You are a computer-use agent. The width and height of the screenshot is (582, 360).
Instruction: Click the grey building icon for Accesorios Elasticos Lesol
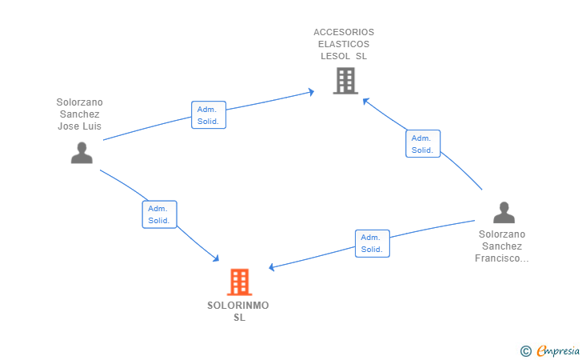coord(345,81)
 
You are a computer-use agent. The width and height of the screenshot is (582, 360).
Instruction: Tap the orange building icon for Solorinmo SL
coord(239,282)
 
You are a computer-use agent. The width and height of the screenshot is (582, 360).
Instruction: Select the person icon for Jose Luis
coord(82,152)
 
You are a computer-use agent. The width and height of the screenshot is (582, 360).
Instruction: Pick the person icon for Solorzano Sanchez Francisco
coord(504,212)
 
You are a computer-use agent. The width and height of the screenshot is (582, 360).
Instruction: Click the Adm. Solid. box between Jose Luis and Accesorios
coord(209,115)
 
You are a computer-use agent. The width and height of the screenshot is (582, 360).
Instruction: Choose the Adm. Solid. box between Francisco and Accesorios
coord(422,143)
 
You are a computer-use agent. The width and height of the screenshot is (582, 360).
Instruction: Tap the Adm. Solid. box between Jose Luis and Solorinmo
coord(159,214)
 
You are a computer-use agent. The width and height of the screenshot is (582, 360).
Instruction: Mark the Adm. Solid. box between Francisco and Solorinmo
coord(372,243)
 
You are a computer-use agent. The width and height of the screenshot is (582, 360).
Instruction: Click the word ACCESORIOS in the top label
coord(344,32)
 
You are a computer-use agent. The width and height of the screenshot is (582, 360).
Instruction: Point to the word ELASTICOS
coord(344,44)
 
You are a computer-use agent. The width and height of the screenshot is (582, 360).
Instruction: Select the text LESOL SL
coord(344,56)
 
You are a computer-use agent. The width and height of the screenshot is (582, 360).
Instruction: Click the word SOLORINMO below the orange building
coord(238,306)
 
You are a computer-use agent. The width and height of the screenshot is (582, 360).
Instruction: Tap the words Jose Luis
coord(80,126)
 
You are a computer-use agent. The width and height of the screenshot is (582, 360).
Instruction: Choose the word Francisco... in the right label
coord(501,258)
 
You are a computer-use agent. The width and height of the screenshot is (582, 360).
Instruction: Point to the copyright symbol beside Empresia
coord(525,350)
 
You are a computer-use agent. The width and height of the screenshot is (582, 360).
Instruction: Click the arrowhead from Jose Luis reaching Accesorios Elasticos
coord(311,93)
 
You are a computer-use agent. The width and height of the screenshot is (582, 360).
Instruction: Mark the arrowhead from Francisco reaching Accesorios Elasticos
coord(365,101)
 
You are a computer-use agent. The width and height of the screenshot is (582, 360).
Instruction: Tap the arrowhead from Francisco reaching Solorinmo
coord(272,267)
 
